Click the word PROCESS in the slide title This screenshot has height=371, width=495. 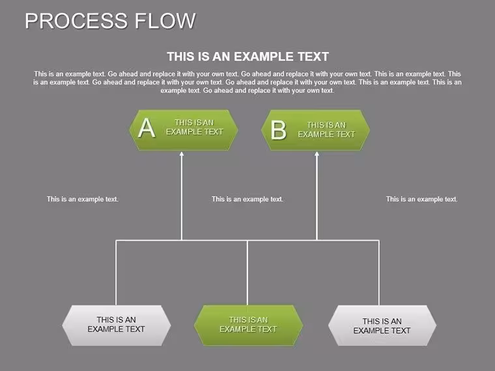point(76,21)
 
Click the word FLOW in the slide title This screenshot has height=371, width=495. point(165,21)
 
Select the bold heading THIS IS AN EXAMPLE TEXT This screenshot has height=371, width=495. point(247,57)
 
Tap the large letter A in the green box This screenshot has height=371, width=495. point(147,128)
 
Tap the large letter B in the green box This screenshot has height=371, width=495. point(279,130)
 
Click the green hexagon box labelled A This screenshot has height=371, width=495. point(184,130)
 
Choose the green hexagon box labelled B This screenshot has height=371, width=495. point(315,130)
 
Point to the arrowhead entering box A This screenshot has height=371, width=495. point(182,154)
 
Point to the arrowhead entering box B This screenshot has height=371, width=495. point(317,154)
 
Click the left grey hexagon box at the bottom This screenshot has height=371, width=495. point(117,325)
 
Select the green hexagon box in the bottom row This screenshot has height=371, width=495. point(248,325)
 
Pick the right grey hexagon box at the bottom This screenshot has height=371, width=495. point(382,325)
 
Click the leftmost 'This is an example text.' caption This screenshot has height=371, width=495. point(83,199)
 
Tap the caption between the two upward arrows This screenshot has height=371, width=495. point(247,199)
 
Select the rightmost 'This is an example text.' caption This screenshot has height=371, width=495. point(422,199)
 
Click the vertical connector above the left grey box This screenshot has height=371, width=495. point(116,273)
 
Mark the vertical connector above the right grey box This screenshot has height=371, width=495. point(379,273)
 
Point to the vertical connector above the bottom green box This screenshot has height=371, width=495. point(247,273)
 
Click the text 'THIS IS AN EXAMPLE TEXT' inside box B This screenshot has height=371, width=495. point(326,130)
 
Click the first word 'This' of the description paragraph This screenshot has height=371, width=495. point(40,74)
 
